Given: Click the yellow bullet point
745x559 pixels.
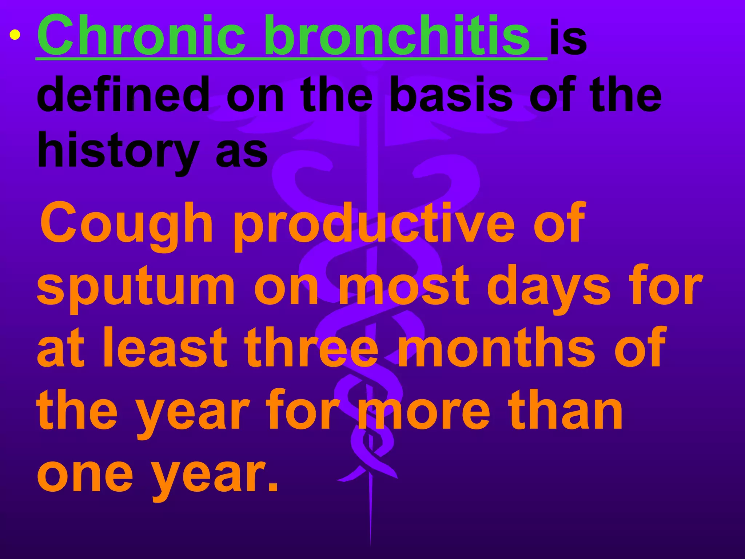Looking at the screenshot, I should [15, 35].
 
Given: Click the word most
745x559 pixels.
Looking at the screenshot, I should [404, 286].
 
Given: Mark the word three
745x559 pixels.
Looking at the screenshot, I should [311, 348].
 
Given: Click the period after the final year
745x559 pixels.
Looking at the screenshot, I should [273, 486].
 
